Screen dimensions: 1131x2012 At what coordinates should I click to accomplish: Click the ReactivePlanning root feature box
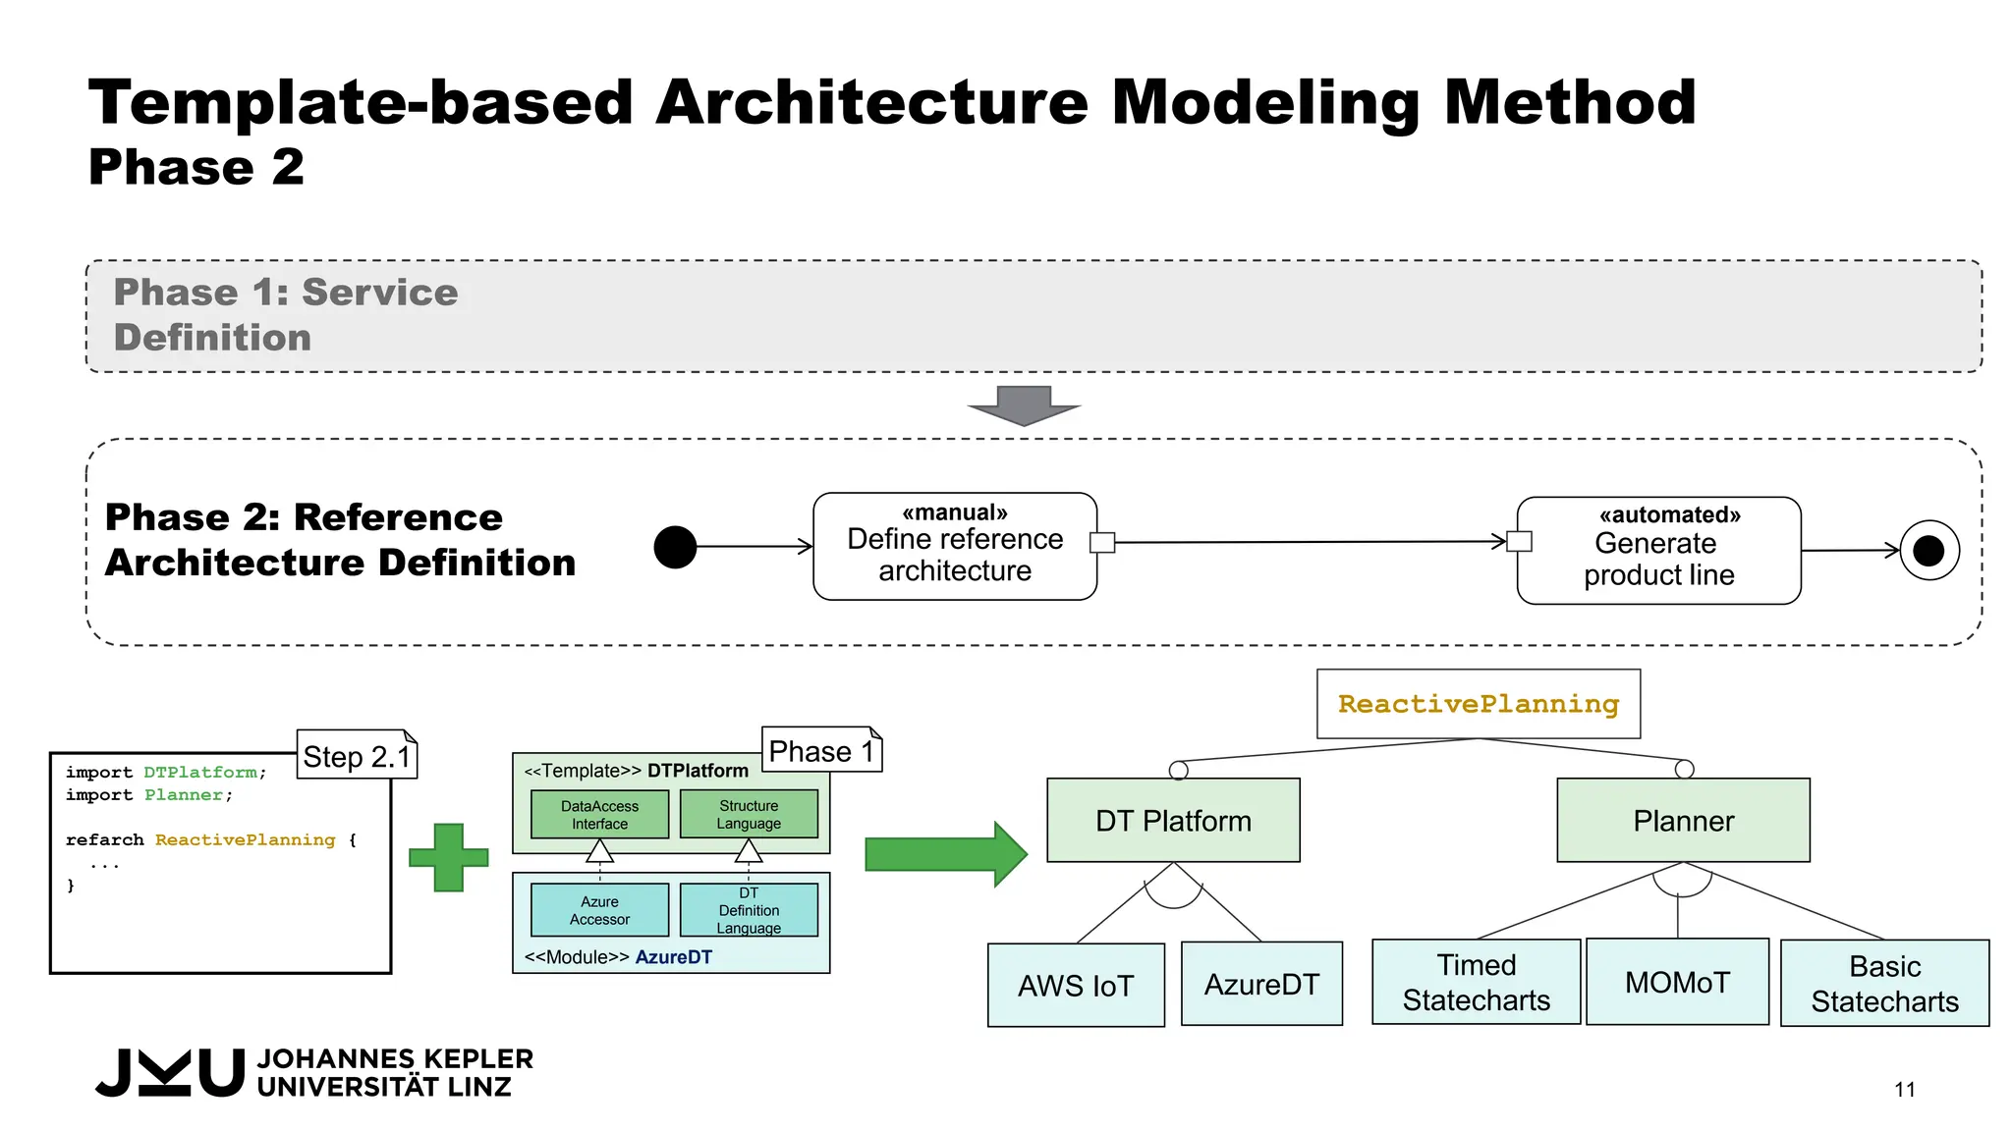point(1478,704)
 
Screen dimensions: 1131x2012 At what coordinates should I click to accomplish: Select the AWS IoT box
point(1076,985)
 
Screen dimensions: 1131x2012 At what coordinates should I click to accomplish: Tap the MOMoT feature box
point(1677,982)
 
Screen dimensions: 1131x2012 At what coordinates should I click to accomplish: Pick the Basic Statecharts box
point(1884,983)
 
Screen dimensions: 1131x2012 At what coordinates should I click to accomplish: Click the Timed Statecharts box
point(1476,982)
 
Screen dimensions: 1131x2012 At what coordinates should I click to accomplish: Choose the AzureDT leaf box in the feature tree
point(1261,984)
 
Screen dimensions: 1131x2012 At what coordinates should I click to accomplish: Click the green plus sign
point(449,857)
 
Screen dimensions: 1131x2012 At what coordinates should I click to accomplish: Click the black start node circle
point(675,547)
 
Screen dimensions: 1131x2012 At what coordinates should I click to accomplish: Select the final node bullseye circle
point(1928,551)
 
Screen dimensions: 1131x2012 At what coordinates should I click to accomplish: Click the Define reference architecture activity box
point(955,547)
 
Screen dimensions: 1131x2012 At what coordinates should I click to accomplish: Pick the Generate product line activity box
point(1658,551)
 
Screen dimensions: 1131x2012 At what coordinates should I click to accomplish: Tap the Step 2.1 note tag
point(357,755)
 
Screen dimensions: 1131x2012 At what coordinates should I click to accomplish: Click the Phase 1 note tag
point(821,750)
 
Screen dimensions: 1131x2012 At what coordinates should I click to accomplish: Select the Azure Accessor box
point(599,910)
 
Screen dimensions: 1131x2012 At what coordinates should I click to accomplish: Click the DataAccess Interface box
point(599,814)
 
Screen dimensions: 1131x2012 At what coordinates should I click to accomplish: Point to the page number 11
point(1904,1089)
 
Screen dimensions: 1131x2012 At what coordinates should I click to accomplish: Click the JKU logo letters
point(170,1072)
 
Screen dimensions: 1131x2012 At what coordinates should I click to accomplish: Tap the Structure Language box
point(749,814)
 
